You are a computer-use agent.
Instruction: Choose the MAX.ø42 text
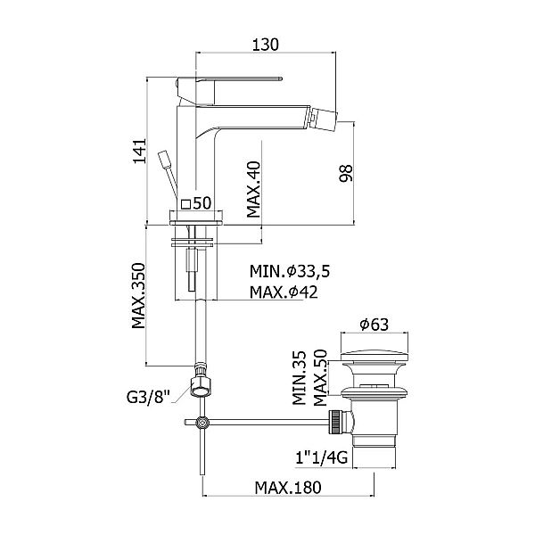point(284,292)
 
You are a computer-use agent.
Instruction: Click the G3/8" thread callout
point(147,398)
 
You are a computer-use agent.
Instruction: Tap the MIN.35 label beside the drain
point(300,378)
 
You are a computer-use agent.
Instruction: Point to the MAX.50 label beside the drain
point(318,378)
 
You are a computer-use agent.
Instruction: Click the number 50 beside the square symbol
point(202,204)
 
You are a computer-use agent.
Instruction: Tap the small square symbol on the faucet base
point(185,204)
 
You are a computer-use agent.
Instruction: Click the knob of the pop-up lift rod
point(163,160)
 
